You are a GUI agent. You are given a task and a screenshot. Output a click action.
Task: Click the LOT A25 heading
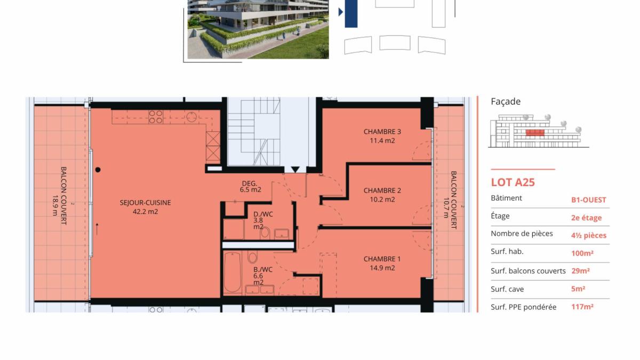pos(513,182)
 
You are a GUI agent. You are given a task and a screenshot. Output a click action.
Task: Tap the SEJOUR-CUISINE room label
pos(145,203)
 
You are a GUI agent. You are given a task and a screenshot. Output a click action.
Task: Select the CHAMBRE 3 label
pos(382,132)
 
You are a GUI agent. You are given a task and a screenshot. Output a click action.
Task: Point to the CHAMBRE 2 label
pos(382,190)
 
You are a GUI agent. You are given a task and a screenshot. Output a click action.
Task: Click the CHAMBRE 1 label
pos(382,259)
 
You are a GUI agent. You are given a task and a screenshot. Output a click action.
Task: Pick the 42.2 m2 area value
pos(145,212)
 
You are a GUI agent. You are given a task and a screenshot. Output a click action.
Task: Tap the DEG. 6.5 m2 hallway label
pos(250,186)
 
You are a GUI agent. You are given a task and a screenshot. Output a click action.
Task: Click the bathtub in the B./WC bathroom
pos(233,273)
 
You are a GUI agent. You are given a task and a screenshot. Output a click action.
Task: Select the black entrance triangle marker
pos(295,170)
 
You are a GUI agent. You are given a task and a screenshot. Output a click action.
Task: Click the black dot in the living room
pos(98,170)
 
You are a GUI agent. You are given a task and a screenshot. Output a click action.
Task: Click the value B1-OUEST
pos(589,200)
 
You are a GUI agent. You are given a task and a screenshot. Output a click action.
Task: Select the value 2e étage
pos(586,218)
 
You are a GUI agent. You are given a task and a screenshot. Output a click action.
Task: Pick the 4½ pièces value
pos(589,235)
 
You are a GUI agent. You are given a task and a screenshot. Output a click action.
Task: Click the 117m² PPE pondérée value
pos(582,307)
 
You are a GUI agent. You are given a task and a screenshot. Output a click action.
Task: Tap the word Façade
pos(506,101)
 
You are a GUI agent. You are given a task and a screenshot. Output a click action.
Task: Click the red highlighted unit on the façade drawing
pos(535,133)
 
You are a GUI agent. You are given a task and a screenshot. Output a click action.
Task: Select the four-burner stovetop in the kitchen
pos(156,117)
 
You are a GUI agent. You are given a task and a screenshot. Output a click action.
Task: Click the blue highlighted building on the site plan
pos(351,14)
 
